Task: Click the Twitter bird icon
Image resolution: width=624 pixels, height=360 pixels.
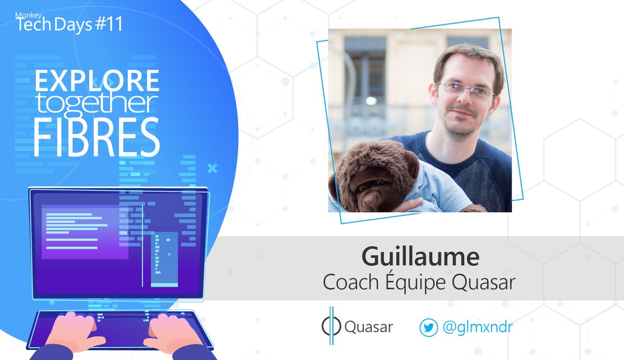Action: [428, 327]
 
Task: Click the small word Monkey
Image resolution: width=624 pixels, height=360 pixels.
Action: [25, 14]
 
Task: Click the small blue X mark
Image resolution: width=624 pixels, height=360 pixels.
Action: [212, 168]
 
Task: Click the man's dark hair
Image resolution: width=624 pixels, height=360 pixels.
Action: [466, 57]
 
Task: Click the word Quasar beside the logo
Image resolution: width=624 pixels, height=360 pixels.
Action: [369, 327]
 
